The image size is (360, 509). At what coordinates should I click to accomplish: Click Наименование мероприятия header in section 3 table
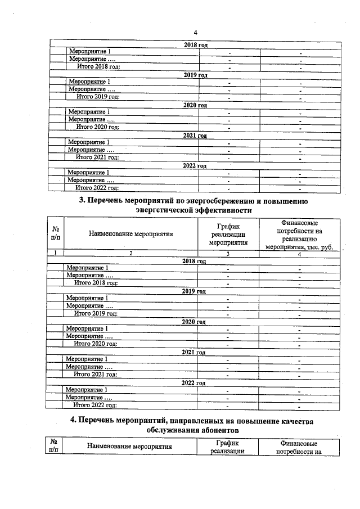tap(130, 232)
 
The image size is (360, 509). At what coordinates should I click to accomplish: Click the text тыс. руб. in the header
tap(317, 245)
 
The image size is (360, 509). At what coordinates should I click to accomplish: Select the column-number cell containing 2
tap(130, 254)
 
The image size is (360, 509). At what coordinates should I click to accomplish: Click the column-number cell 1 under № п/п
tap(56, 254)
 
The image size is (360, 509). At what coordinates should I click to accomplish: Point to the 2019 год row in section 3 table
tap(194, 291)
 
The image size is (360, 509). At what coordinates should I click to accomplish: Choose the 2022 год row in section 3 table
tap(194, 382)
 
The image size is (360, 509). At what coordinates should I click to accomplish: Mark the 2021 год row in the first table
tap(195, 136)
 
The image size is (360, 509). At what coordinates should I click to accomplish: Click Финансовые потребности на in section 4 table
tap(299, 447)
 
